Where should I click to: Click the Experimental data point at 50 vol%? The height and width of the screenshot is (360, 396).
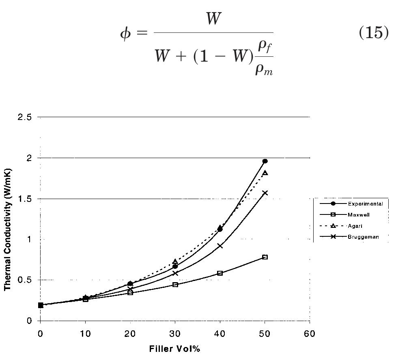click(x=265, y=161)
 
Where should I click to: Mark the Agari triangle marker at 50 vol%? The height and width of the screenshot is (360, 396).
click(x=265, y=173)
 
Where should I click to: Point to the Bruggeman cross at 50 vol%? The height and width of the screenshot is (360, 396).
click(x=265, y=193)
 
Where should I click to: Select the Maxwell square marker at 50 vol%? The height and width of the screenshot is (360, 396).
click(x=265, y=257)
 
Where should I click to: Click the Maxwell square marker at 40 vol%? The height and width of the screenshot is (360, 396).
click(x=220, y=273)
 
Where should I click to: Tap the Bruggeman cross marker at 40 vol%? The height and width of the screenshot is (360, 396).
click(x=220, y=246)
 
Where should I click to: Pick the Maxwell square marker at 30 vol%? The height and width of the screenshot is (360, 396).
click(x=175, y=285)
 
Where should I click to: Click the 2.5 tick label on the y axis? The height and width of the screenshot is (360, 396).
click(x=24, y=117)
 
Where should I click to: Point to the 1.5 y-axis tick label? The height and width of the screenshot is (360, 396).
click(x=24, y=199)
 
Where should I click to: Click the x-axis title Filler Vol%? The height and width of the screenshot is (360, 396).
click(x=175, y=349)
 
